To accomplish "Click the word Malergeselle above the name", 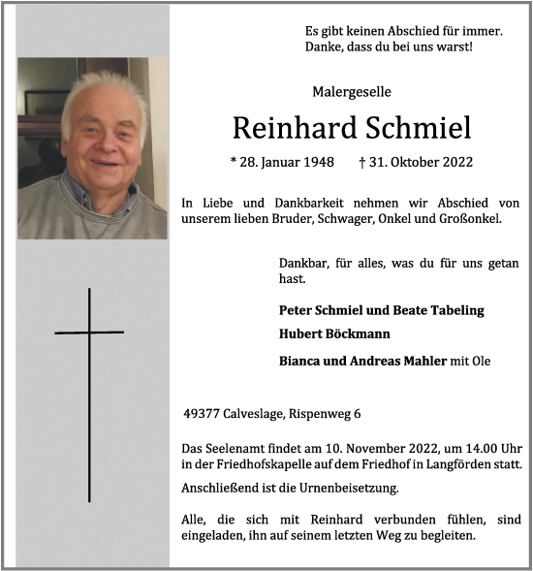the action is (352, 92).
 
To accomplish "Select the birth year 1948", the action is (317, 164).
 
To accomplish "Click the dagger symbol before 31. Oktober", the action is (361, 164).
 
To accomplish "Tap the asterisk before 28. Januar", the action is (233, 164).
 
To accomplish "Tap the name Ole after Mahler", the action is (481, 361).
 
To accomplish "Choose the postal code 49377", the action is (203, 414).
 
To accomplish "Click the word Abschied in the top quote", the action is (399, 30).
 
